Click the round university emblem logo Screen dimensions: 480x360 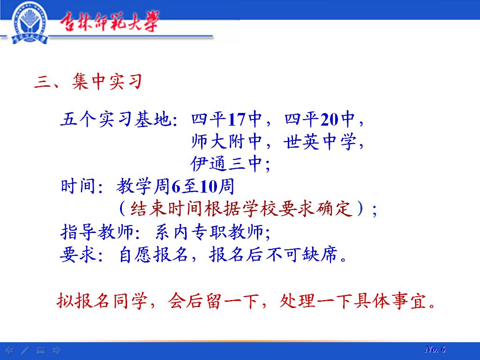click(29, 23)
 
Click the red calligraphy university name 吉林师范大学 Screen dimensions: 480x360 click(109, 22)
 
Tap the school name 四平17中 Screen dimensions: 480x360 click(227, 119)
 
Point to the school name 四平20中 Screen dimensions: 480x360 click(320, 119)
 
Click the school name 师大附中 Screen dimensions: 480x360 click(227, 142)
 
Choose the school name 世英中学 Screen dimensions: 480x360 click(320, 142)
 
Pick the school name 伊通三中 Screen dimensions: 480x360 click(226, 164)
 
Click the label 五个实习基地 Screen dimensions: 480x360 click(116, 119)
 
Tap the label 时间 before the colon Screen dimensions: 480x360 click(78, 186)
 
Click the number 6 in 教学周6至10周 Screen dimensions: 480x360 click(176, 187)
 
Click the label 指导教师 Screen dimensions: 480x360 click(97, 232)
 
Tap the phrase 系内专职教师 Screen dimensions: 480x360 click(210, 232)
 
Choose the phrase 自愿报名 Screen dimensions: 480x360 click(153, 255)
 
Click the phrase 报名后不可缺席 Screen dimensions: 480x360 click(273, 255)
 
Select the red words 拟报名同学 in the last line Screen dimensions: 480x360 click(102, 300)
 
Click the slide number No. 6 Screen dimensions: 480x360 click(435, 349)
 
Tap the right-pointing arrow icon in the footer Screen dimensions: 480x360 click(57, 350)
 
